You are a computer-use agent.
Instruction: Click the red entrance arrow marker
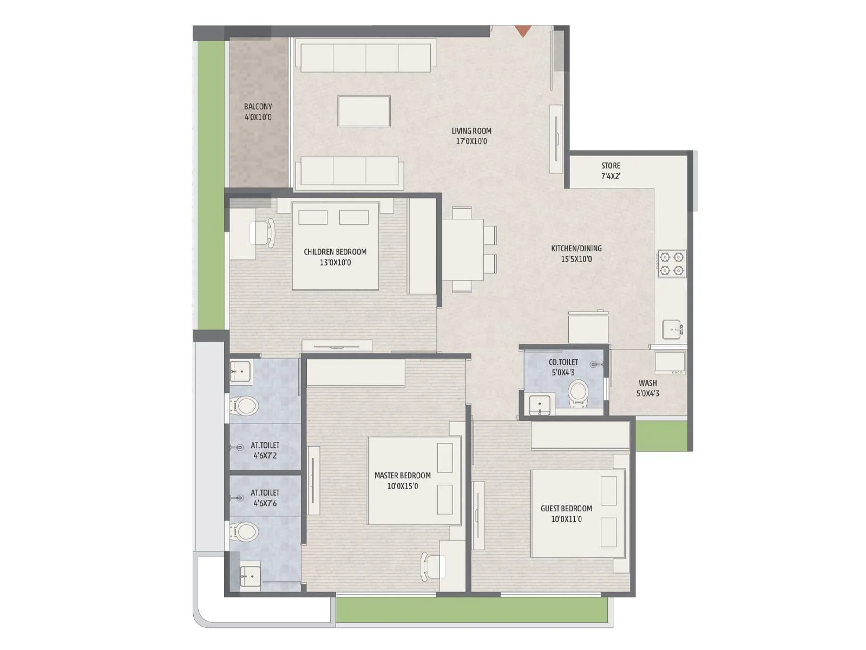tap(522, 31)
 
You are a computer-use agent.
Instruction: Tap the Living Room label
tap(471, 136)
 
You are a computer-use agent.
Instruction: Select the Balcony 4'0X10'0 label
tap(258, 112)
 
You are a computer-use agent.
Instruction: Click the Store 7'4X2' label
tap(611, 171)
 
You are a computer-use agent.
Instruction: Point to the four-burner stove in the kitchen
tap(671, 264)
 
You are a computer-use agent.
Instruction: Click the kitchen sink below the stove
tap(672, 329)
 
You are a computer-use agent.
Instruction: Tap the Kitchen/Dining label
tap(576, 253)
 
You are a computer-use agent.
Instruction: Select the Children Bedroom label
tap(335, 257)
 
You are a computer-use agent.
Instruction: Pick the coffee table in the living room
tap(364, 111)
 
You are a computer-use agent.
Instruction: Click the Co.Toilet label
tap(563, 367)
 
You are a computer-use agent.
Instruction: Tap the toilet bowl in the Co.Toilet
tap(578, 393)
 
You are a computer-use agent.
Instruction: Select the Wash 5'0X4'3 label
tap(647, 388)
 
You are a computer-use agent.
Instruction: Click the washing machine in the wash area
tap(670, 362)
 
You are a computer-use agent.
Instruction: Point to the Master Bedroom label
tap(402, 480)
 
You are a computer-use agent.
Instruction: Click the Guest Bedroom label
tap(566, 513)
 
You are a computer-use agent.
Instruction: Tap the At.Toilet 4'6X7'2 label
tap(265, 450)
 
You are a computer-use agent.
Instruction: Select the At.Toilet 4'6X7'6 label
tap(265, 498)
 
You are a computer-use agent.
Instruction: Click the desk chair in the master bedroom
tap(432, 567)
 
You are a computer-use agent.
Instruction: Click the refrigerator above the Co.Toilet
tap(588, 327)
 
